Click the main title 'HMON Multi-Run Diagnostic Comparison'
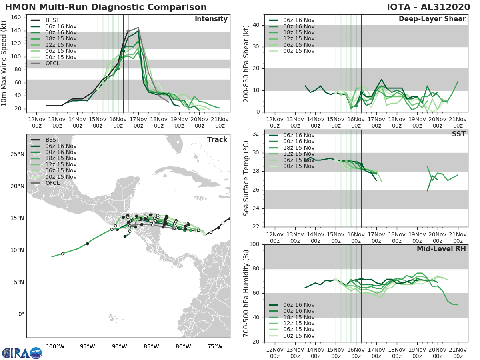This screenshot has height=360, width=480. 106,7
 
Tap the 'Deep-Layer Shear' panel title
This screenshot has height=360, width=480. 432,19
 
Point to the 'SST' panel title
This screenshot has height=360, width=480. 459,134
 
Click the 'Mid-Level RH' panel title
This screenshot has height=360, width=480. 441,249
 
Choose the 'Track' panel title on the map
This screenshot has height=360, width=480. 217,140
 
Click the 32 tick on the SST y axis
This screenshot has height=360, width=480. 256,133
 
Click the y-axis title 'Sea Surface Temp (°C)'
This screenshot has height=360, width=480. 246,178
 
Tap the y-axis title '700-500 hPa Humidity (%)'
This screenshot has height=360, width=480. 246,293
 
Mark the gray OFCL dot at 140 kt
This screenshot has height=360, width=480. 128,31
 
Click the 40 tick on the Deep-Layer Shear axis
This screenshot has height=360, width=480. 256,25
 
